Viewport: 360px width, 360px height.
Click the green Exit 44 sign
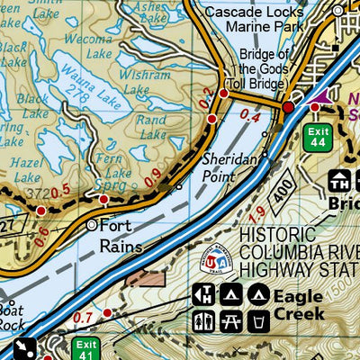pos(317,137)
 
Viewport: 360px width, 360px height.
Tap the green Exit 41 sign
pos(85,348)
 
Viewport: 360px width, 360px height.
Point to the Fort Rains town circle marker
pos(93,224)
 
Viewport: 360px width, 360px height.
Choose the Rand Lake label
pos(152,126)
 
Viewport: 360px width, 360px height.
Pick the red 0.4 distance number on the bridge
pos(250,117)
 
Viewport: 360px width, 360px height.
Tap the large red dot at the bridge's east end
pos(288,108)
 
